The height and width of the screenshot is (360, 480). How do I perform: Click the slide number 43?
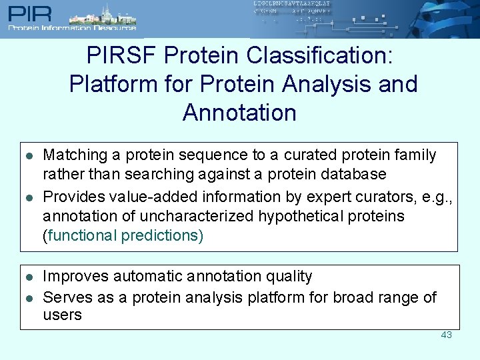(x=446, y=335)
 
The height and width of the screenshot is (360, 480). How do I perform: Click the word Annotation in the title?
(x=239, y=113)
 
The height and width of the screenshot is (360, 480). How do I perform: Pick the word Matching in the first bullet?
(x=75, y=155)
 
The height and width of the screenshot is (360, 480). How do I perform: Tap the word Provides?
(x=72, y=197)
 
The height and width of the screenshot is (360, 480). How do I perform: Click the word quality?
(x=285, y=276)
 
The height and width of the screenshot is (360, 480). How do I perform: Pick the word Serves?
(x=67, y=297)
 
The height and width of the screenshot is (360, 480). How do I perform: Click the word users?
(x=62, y=315)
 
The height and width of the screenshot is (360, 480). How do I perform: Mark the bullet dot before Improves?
(x=29, y=277)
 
